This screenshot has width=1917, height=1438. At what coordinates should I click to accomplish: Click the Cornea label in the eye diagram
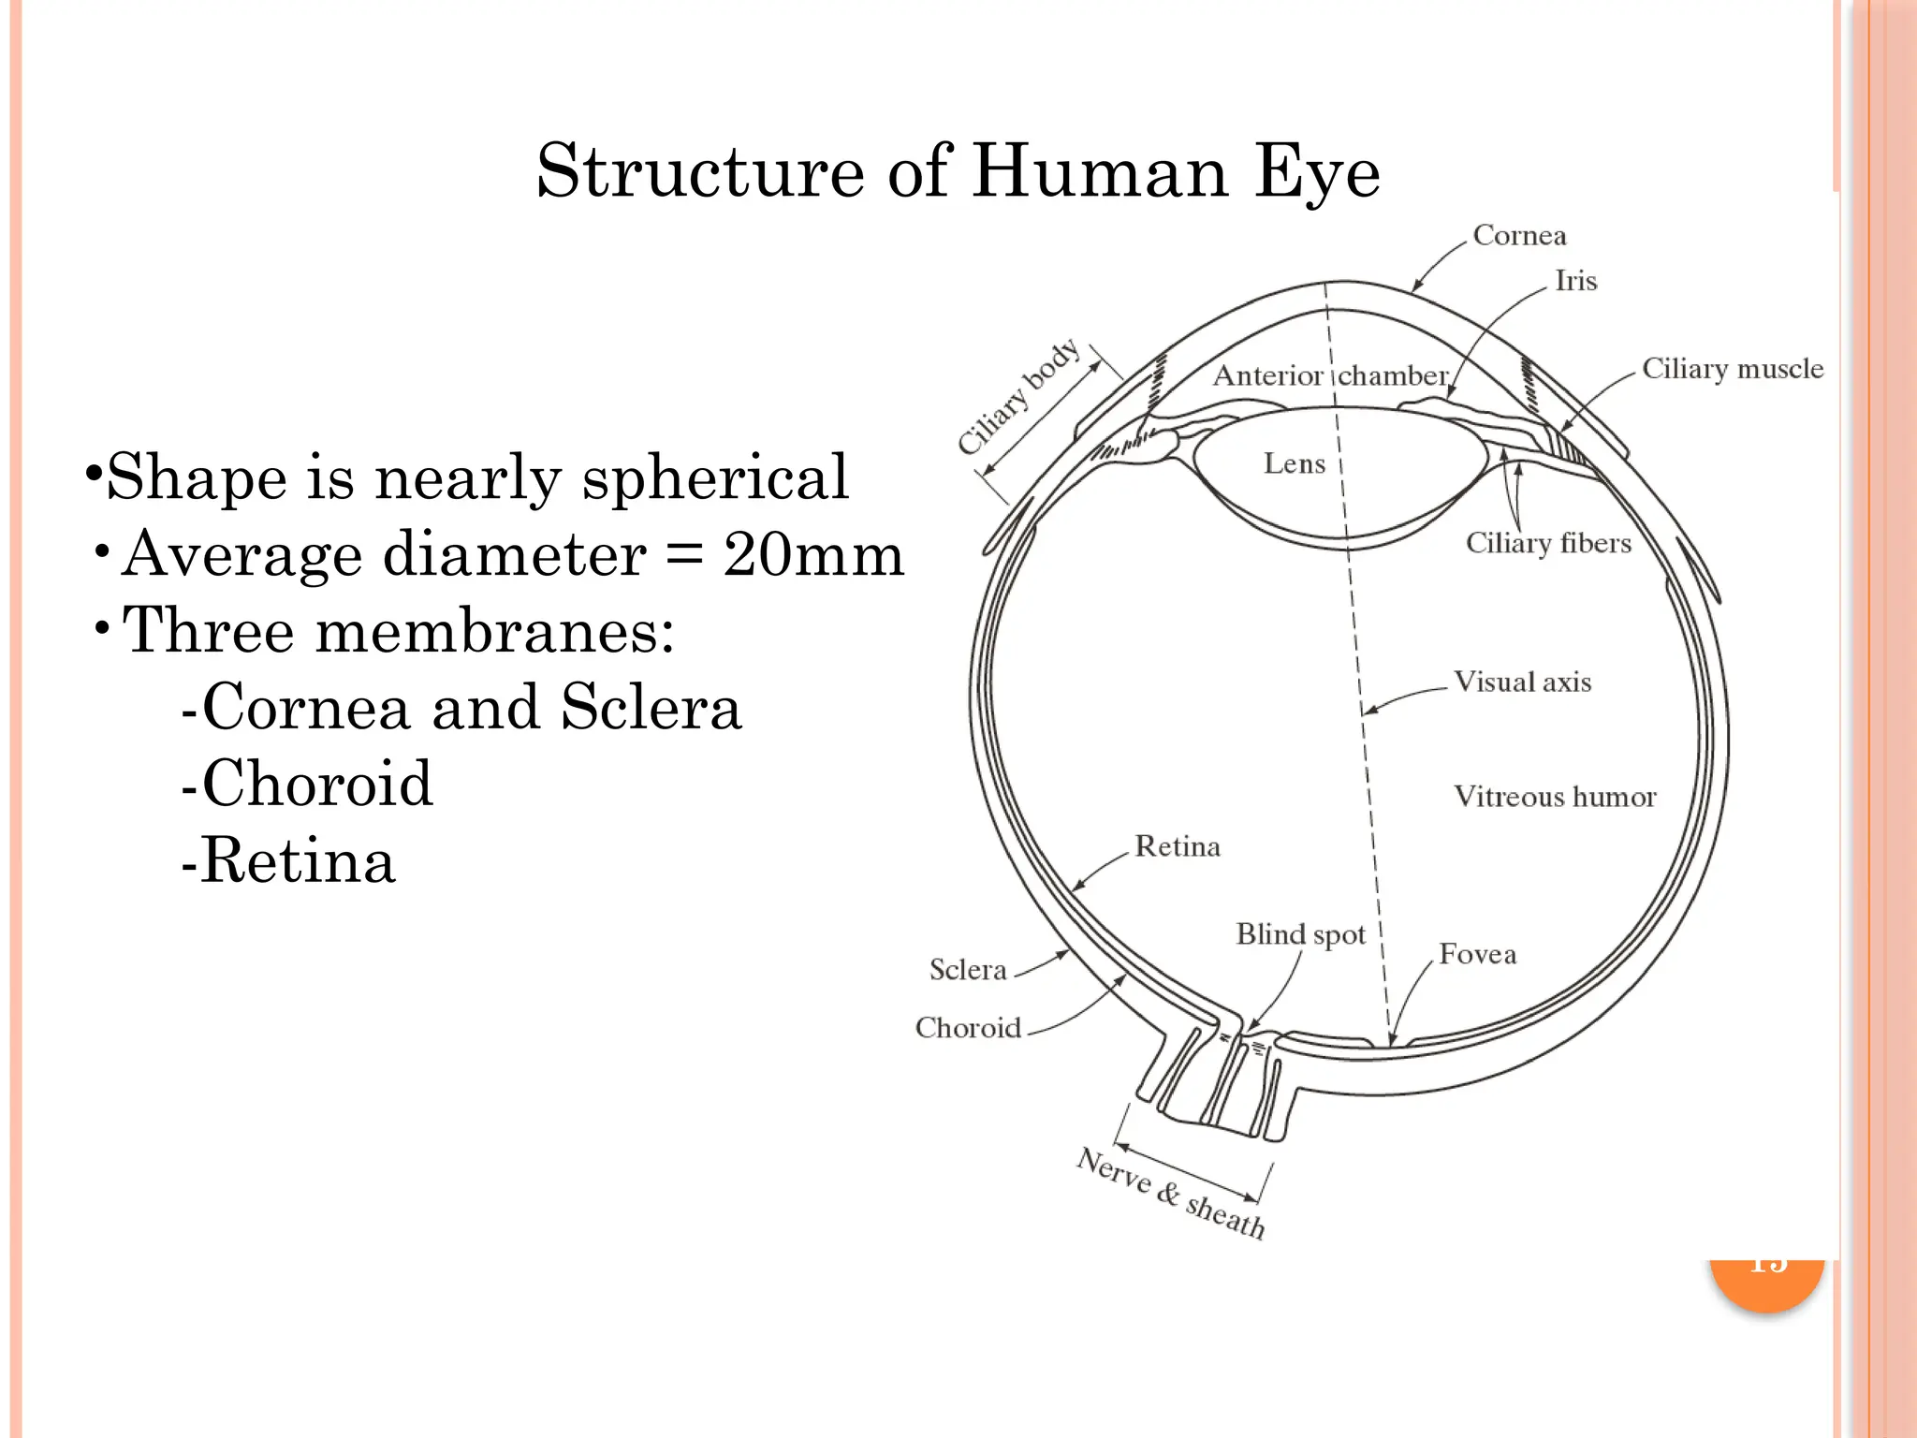tap(1518, 235)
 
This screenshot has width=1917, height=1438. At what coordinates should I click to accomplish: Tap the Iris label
tap(1575, 281)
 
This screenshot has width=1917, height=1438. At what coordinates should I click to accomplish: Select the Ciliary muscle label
tap(1732, 369)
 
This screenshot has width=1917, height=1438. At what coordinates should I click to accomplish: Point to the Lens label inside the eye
tap(1294, 463)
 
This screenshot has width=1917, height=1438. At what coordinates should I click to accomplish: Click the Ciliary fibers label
tap(1547, 543)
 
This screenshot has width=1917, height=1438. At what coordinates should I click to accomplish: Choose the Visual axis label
tap(1521, 682)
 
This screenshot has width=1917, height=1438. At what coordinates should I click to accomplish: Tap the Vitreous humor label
tap(1554, 797)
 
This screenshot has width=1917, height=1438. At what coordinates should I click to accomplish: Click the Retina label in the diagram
tap(1177, 846)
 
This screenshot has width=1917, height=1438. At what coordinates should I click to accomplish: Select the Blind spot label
tap(1300, 934)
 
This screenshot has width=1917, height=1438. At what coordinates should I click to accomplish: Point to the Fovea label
tap(1477, 954)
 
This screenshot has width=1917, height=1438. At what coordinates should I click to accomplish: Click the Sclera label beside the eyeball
tap(967, 969)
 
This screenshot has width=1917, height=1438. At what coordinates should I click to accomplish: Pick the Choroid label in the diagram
tap(968, 1028)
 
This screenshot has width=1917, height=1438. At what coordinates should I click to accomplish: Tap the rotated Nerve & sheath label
tap(1170, 1193)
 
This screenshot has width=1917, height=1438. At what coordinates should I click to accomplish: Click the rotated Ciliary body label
tap(1018, 397)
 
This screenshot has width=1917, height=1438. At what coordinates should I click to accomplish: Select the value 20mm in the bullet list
tap(812, 554)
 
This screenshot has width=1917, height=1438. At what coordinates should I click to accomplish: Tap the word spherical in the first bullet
tap(715, 477)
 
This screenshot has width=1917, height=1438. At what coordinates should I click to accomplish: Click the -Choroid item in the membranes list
tap(307, 784)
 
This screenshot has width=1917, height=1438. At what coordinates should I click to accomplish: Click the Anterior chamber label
tap(1330, 376)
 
